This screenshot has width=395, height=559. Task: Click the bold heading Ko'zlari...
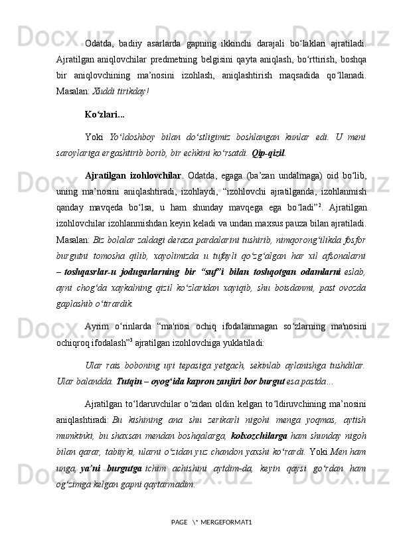click(x=101, y=114)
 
